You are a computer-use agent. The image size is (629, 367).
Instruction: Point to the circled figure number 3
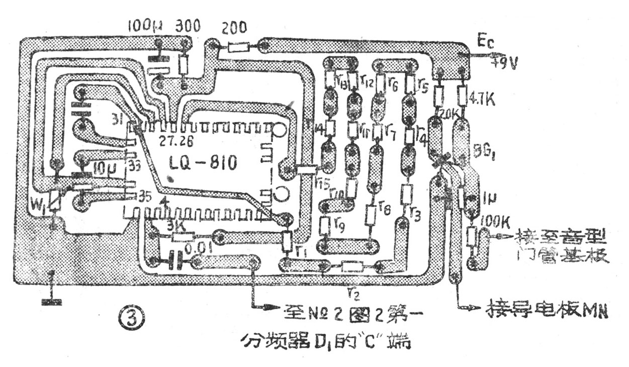pos(133,317)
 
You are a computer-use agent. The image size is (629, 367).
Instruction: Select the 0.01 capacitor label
pos(200,248)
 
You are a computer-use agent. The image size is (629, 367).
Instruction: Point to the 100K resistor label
pos(495,220)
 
